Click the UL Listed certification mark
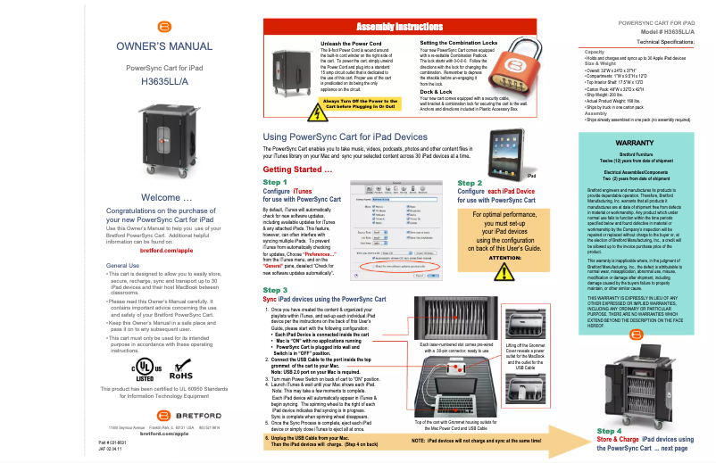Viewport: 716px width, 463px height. click(143, 368)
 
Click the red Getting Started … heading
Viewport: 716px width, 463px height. click(298, 169)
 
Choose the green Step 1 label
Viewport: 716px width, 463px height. click(275, 182)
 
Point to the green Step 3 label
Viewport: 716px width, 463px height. click(275, 290)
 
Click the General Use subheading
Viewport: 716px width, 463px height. click(122, 266)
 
